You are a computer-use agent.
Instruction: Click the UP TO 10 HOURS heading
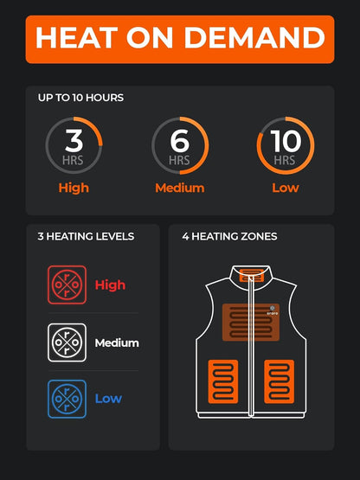pos(80,98)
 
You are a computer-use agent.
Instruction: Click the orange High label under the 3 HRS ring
pos(74,188)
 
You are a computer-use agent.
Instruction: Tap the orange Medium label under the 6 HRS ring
pos(179,188)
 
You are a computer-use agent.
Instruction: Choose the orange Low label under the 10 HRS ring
pos(286,188)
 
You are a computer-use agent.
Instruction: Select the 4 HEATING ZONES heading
pos(229,236)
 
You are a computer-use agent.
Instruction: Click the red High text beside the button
pos(110,285)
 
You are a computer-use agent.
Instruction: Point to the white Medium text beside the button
pos(117,342)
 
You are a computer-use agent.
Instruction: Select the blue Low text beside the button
pos(108,399)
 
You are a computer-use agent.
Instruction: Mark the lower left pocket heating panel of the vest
pos(222,381)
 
